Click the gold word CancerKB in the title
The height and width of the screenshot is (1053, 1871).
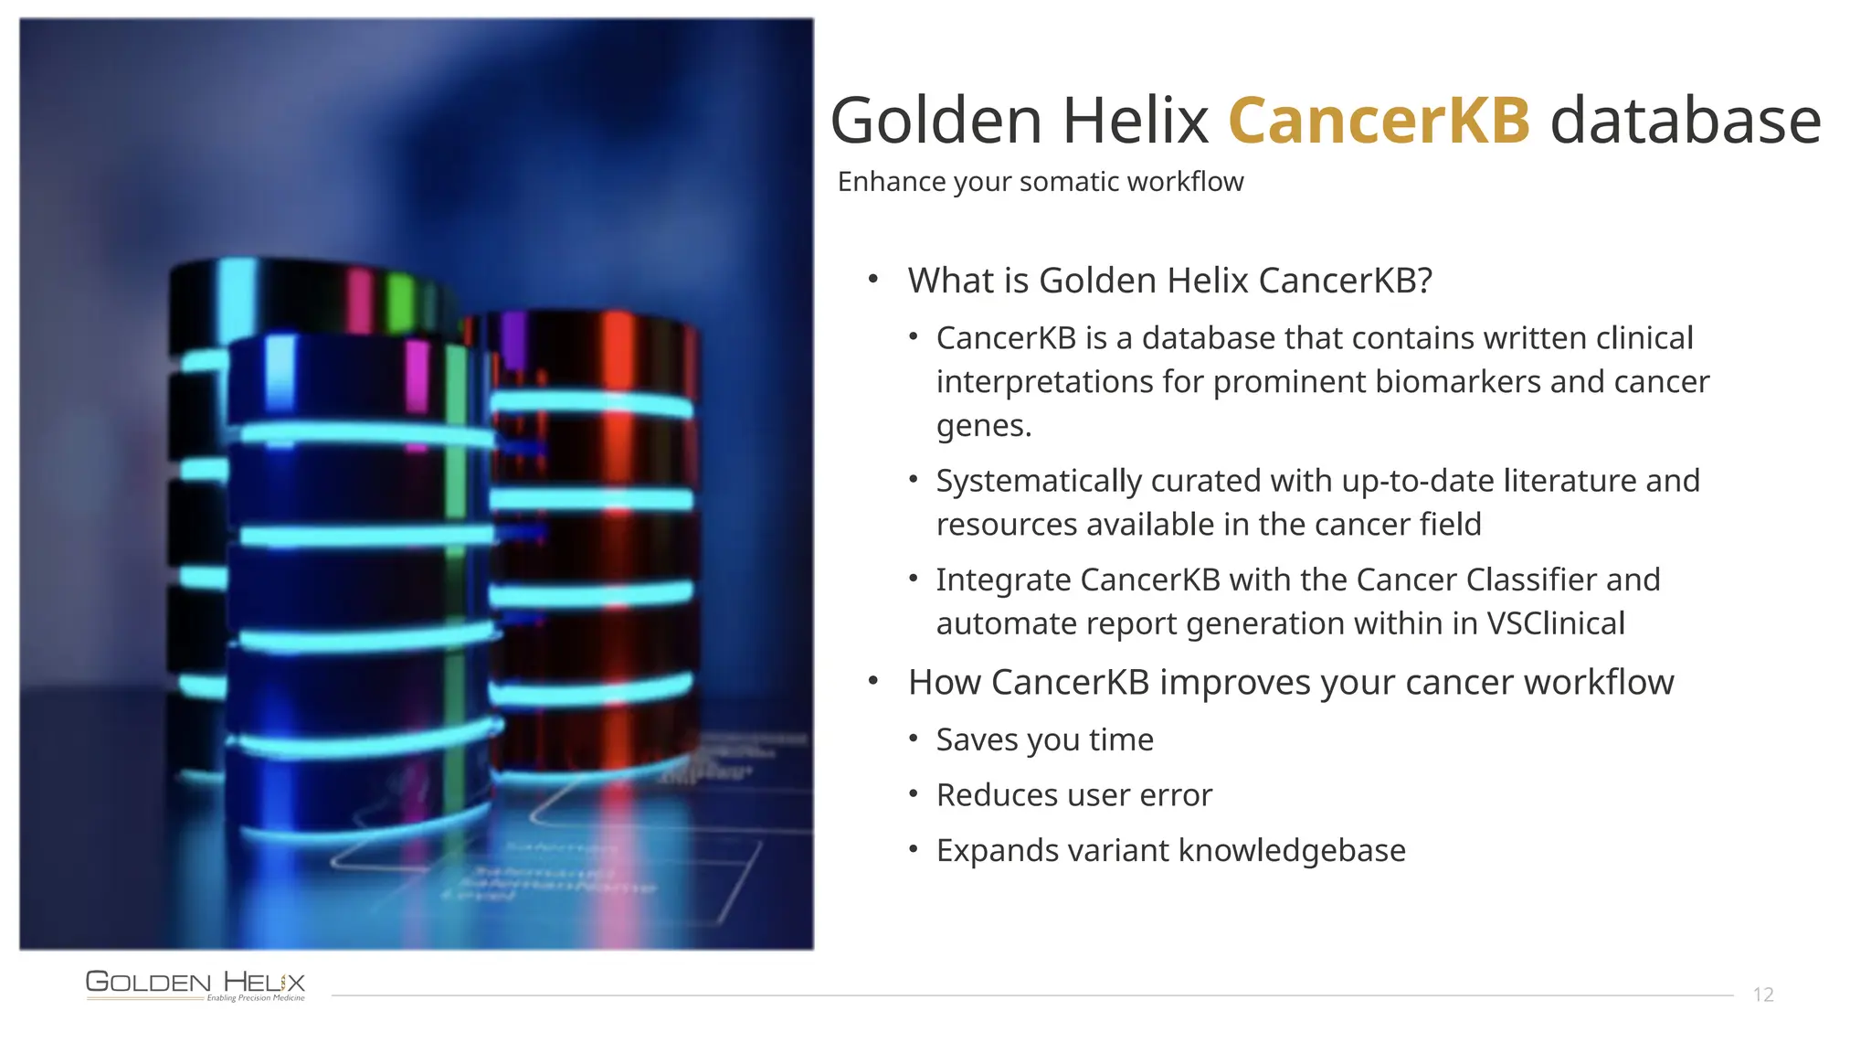1379,121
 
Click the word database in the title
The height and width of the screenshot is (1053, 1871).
1686,121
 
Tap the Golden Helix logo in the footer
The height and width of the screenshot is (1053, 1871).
196,984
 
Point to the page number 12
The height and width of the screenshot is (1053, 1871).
1762,994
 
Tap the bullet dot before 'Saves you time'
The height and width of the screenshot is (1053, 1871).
913,738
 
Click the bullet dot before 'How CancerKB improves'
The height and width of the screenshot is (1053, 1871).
873,680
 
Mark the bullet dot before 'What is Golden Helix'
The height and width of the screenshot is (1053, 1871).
873,278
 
